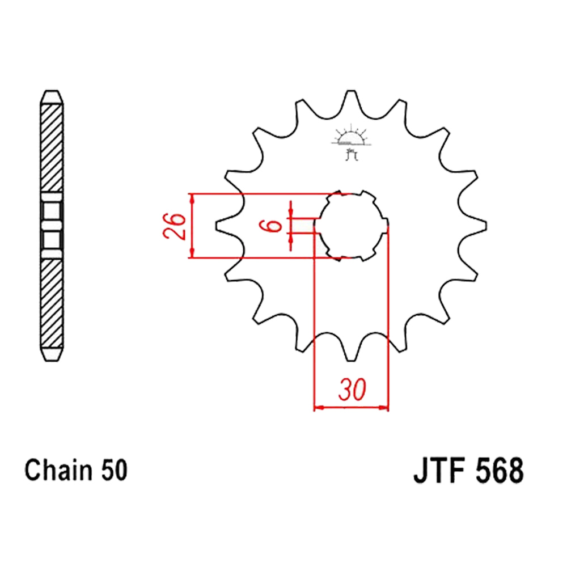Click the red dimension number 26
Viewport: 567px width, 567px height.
pos(174,226)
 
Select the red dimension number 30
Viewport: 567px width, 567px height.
pos(352,390)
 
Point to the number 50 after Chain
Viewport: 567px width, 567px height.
pos(115,470)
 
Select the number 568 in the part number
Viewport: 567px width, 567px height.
pos(500,470)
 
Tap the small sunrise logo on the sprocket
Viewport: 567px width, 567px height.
pos(351,142)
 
